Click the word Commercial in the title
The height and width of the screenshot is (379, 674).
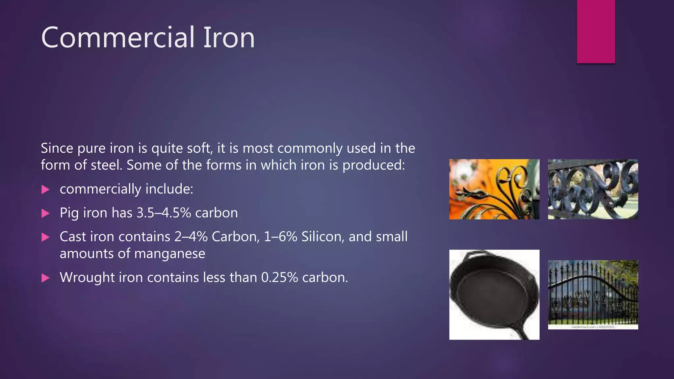point(118,38)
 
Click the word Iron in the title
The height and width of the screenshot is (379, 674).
point(229,38)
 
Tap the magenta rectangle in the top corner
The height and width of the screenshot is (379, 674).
point(596,31)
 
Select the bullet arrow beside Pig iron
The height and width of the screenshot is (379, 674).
point(45,214)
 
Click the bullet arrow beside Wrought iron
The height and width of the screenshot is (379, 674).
point(45,278)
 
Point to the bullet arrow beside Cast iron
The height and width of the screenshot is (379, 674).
point(45,237)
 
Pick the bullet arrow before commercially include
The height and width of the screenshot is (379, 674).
point(45,189)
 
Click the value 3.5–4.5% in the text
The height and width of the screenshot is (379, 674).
point(164,213)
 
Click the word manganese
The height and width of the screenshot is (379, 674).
point(169,254)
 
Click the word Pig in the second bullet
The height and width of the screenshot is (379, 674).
point(69,213)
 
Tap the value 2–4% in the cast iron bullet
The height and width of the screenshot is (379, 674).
point(191,237)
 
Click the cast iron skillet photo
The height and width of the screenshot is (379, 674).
point(494,294)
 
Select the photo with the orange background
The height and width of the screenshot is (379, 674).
point(494,189)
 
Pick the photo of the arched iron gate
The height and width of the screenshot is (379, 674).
point(593,294)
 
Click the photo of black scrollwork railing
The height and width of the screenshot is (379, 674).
point(593,189)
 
